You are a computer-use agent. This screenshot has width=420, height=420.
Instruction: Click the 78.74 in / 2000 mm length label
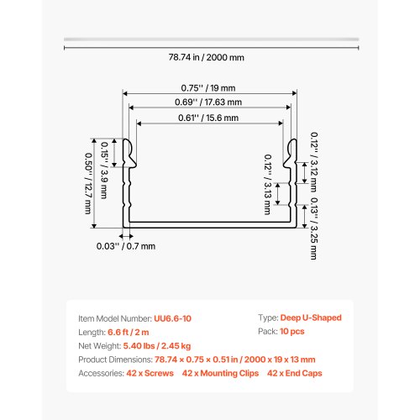(207, 57)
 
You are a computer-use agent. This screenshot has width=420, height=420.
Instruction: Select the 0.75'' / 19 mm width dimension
(208, 88)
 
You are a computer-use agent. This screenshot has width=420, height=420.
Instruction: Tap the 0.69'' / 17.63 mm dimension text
(208, 102)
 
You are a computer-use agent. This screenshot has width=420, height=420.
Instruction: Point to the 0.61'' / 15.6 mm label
(208, 118)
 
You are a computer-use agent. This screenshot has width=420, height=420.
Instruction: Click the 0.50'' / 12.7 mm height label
(88, 183)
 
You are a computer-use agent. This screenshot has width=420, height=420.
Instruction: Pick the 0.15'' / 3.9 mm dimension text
(104, 171)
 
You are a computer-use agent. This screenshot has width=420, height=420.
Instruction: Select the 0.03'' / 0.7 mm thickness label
(126, 246)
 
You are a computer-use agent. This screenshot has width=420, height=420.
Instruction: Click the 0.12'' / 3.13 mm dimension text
(268, 185)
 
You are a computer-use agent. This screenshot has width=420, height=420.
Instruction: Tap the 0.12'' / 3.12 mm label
(314, 162)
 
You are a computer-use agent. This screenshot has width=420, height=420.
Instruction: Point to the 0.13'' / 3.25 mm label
(314, 228)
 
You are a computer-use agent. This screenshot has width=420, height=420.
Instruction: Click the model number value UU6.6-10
(172, 318)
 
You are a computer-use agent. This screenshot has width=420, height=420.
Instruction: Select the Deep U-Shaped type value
(311, 318)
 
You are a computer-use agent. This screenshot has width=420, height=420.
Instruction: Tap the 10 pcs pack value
(292, 331)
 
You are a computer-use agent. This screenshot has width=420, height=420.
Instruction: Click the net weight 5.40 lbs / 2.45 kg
(157, 346)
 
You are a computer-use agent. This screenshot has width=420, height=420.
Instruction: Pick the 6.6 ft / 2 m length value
(129, 332)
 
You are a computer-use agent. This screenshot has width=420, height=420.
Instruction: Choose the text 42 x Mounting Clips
(220, 373)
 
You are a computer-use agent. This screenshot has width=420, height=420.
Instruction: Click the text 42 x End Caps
(295, 373)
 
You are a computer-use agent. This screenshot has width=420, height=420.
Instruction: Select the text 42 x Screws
(150, 373)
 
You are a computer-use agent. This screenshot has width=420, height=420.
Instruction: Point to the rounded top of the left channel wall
(126, 139)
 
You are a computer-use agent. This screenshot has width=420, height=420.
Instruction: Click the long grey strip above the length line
(212, 39)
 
